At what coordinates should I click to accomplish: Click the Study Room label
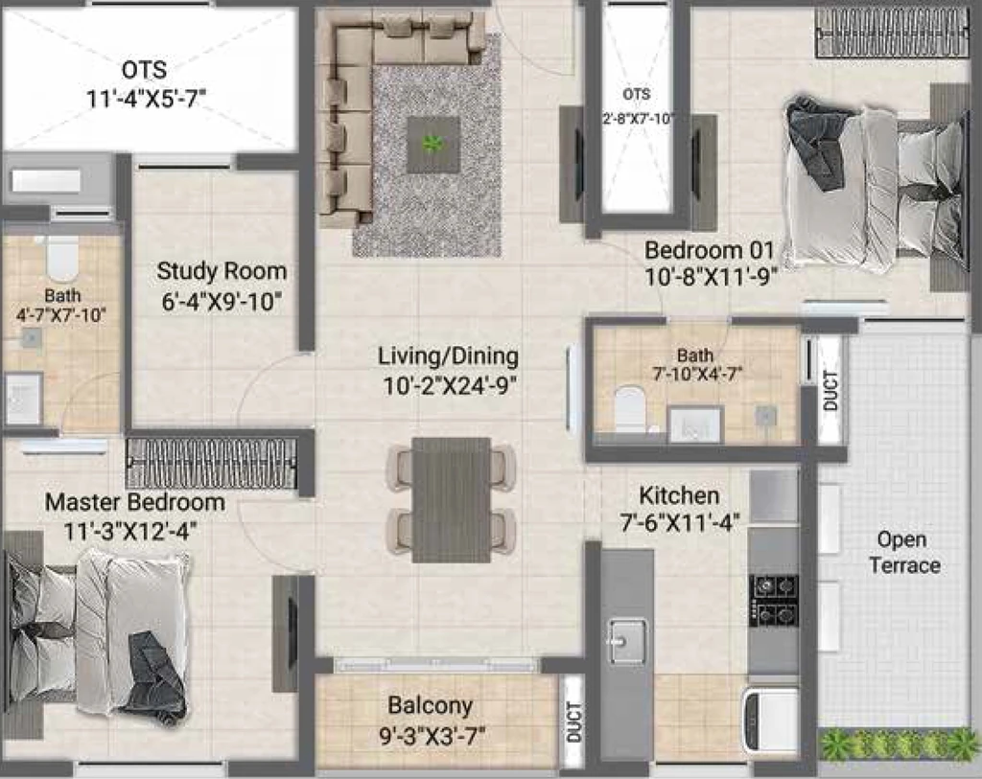coord(222,271)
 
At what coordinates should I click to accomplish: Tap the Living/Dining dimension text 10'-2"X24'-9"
coord(449,386)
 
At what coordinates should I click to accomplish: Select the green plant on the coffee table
coord(433,145)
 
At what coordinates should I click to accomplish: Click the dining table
coord(452,499)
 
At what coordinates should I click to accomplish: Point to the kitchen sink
coord(627,640)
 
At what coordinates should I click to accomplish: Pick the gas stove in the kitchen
coord(774,600)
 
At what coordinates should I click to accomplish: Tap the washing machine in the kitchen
coord(771,719)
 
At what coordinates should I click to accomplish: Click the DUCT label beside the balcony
coord(574,722)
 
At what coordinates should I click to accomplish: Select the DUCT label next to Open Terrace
coord(830,391)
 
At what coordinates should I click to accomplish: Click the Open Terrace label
coord(903,553)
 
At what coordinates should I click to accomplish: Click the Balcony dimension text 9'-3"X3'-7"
coord(433,736)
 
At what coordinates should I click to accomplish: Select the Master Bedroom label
coord(134,502)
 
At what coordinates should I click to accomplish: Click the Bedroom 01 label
coord(710,250)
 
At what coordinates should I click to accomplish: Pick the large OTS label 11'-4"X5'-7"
coord(146,84)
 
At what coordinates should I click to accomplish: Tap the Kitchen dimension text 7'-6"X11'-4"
coord(680,522)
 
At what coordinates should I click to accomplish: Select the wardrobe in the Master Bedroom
coord(212,463)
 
